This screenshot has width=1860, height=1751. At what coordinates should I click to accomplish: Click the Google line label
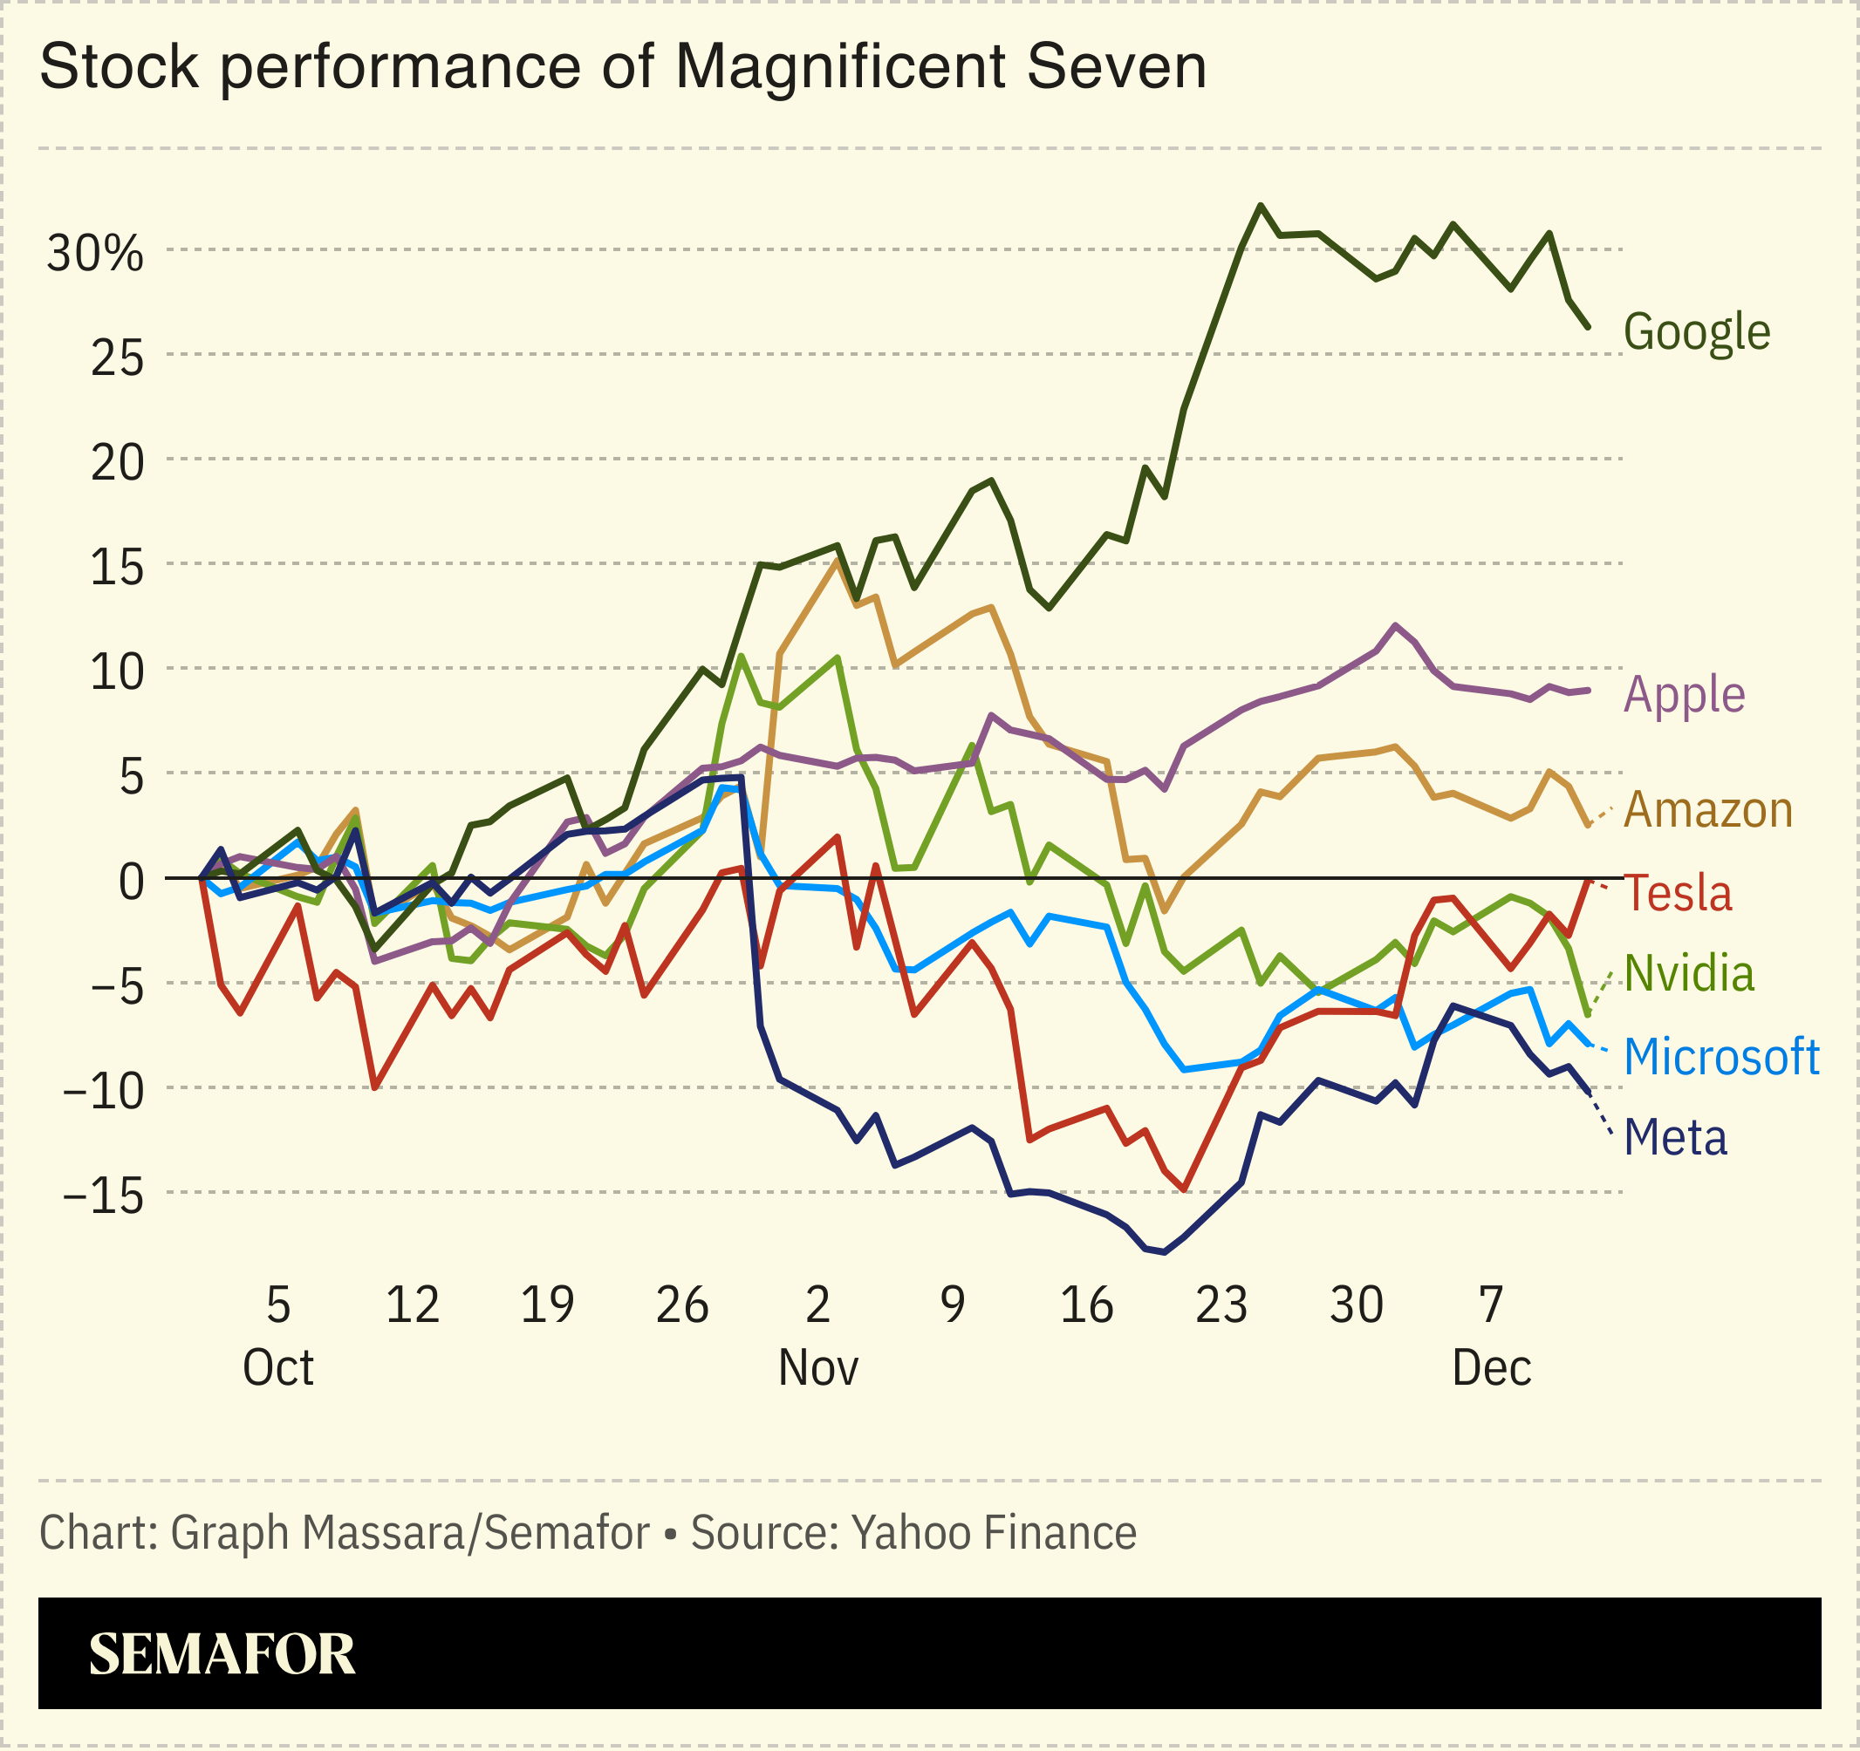1696,332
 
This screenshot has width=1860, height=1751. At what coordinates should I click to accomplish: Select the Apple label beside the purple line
1684,695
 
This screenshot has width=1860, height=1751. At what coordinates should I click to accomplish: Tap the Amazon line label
1707,810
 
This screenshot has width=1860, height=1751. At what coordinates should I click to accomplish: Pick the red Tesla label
1678,893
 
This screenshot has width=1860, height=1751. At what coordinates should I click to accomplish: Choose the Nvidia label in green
1689,974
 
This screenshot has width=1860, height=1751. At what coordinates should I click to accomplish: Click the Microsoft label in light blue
1721,1057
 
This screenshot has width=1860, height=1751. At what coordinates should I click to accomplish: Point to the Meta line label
1675,1138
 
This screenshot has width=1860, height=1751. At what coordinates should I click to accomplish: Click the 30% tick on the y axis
95,254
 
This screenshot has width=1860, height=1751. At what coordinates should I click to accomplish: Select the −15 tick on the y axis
103,1196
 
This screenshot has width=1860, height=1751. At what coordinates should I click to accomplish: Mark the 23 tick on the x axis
1221,1305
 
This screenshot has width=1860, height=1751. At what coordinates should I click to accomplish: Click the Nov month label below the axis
817,1368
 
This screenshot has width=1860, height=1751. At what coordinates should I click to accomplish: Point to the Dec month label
1491,1368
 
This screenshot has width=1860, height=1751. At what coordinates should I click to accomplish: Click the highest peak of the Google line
1261,205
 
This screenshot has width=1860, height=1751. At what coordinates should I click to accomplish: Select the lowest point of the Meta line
1164,1252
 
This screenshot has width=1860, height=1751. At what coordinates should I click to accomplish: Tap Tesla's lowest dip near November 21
1185,1189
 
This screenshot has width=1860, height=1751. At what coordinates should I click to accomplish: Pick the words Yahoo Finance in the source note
994,1532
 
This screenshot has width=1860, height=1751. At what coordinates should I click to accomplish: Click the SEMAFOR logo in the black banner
222,1655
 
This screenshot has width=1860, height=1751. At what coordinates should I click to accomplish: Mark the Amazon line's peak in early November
836,561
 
